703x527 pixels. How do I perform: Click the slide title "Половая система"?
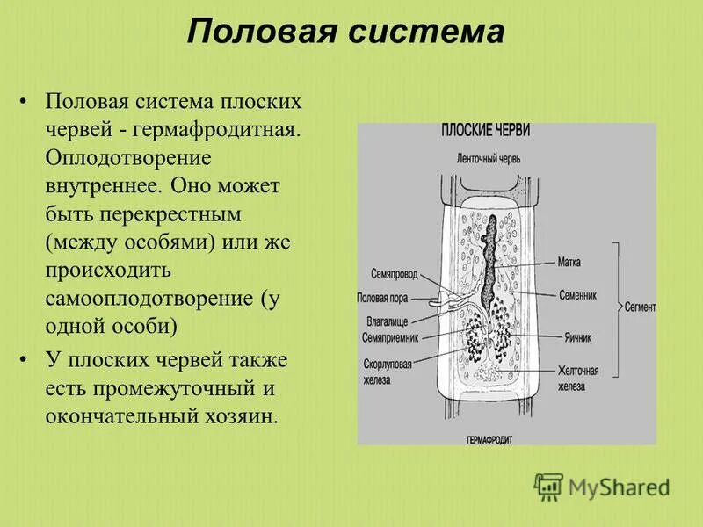345,34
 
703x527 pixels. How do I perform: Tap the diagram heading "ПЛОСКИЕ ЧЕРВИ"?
485,131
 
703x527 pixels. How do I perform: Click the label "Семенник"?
576,296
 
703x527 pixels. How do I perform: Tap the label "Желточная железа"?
578,378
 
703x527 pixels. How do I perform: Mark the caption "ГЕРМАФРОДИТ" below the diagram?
489,437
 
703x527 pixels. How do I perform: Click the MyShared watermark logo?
602,486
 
